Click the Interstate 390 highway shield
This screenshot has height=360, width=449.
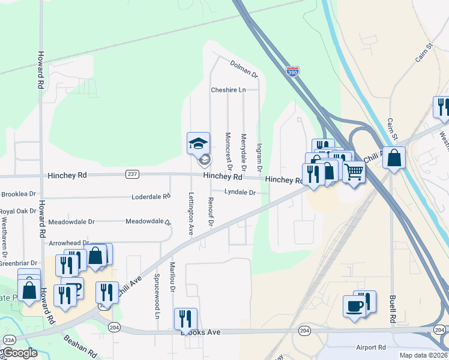(x=292, y=71)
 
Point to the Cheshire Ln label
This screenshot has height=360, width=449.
(x=228, y=90)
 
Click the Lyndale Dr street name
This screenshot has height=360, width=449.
(x=240, y=193)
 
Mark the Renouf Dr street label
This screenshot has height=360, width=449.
(x=211, y=211)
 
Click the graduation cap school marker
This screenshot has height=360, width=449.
(x=199, y=144)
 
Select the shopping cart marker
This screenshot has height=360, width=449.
(x=354, y=172)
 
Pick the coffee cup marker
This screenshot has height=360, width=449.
(x=354, y=306)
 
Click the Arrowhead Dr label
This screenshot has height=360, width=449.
(x=68, y=243)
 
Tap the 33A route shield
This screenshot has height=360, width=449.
(x=8, y=340)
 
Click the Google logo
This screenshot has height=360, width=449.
(x=20, y=353)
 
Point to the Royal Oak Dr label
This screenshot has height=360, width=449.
(x=18, y=211)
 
